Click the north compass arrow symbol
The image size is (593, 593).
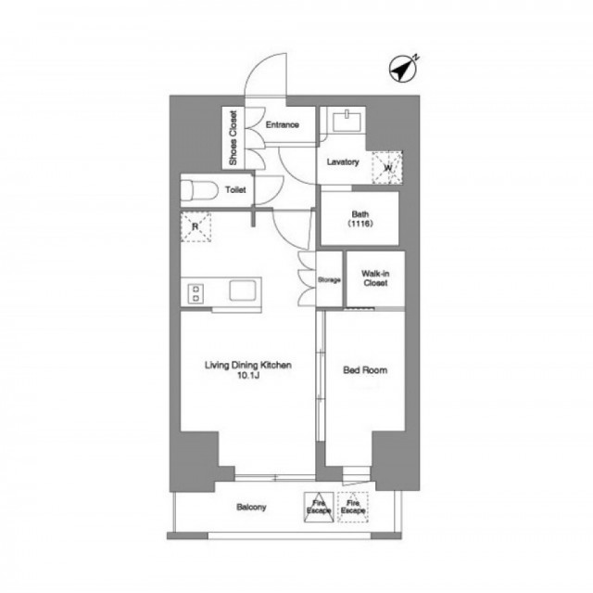click(x=403, y=69)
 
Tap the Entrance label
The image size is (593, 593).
click(x=282, y=124)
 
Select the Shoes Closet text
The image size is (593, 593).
click(x=233, y=138)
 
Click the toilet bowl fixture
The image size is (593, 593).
click(x=199, y=190)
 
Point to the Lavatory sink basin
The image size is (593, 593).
click(x=347, y=122)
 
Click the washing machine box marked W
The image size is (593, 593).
click(x=387, y=167)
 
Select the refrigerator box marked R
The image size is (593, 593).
click(x=196, y=226)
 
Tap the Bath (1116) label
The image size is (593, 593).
click(x=360, y=219)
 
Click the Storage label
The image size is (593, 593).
click(x=329, y=280)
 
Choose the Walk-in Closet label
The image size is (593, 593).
click(x=375, y=278)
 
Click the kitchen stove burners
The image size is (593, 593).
click(x=196, y=294)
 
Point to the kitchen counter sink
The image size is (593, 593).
click(x=243, y=290)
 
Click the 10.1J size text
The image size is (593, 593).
click(x=248, y=376)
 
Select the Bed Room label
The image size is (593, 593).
click(x=365, y=370)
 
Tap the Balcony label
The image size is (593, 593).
click(x=251, y=507)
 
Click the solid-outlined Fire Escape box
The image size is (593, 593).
click(x=319, y=507)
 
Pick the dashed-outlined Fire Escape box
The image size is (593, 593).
click(x=353, y=507)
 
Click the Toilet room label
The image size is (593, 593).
click(x=235, y=189)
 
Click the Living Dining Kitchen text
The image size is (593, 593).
click(x=248, y=365)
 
